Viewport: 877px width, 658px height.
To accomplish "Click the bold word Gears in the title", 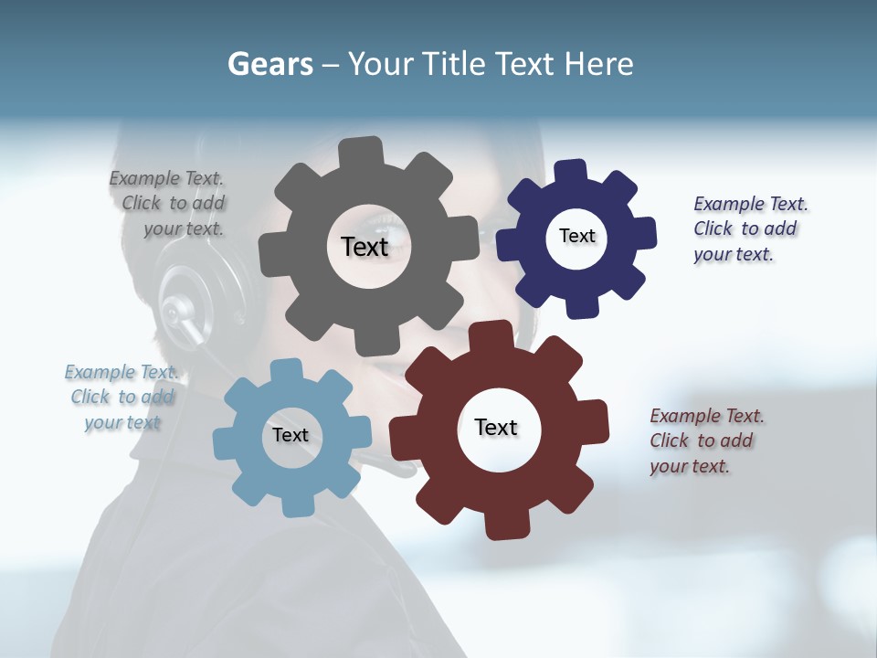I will [270, 64].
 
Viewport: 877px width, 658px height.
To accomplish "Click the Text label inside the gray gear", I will [365, 247].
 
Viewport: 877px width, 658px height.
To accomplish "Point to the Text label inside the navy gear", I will [576, 236].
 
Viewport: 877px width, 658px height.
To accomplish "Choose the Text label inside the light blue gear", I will [291, 435].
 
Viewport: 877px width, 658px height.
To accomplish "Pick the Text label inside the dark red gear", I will [496, 427].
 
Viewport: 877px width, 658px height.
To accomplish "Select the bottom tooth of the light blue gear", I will [297, 504].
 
